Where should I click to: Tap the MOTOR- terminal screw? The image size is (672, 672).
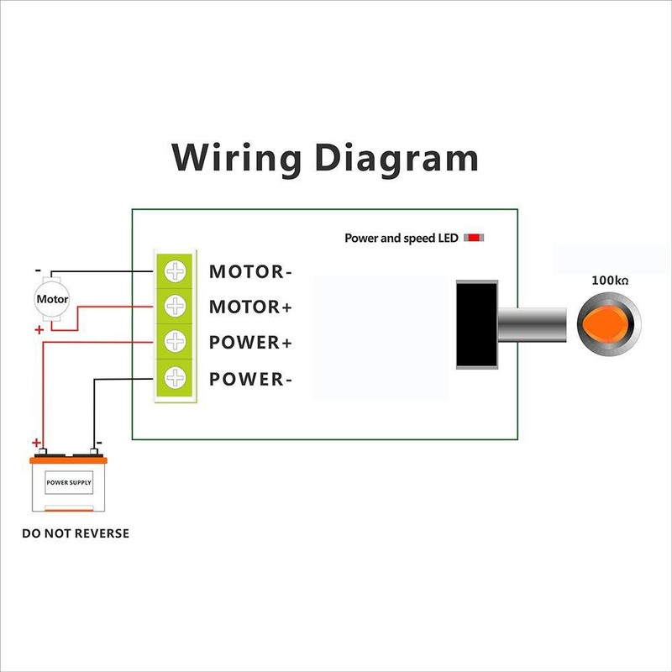175,271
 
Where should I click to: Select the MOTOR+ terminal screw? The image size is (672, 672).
175,307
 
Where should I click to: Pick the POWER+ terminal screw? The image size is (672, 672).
175,342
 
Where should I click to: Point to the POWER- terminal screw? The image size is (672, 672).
175,378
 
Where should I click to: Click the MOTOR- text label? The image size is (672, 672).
250,272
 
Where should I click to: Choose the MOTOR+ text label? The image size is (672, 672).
250,307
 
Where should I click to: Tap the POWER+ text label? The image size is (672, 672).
250,343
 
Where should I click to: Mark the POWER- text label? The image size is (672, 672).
250,379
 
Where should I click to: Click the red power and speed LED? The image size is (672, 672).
474,239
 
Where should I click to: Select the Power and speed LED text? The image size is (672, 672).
402,239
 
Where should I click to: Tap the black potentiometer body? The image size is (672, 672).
476,324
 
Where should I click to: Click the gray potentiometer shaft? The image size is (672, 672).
534,323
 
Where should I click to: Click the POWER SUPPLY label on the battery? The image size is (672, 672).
69,484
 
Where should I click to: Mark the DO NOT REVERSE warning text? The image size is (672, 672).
76,533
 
